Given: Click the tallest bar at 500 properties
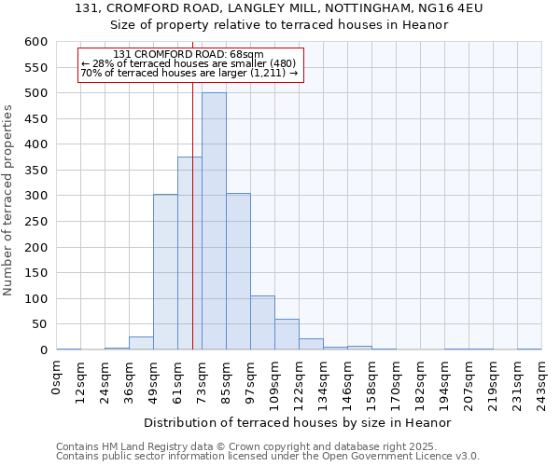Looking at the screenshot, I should [214, 221].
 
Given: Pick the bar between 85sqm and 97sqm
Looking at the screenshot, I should [238, 271].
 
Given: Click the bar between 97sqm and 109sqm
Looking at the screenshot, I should [262, 322].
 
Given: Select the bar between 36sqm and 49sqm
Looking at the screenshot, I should [141, 343].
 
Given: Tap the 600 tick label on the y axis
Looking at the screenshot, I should [35, 43].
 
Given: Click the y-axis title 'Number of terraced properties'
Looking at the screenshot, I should [9, 200].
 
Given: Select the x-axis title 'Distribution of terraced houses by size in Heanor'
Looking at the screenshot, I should [299, 422].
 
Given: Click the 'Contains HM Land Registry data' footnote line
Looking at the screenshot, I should [266, 446].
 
